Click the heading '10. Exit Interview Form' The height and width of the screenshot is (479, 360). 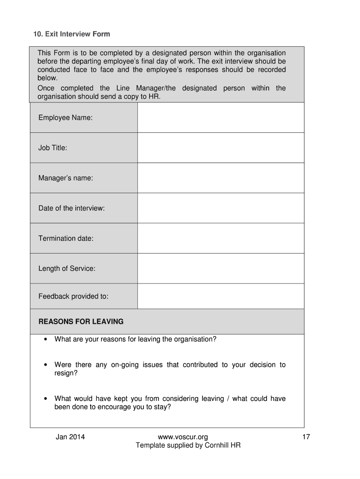tap(72, 34)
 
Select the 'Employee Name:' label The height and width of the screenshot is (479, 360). tap(65, 118)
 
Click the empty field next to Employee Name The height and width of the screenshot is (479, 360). tap(221, 118)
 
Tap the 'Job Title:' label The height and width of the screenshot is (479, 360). tap(53, 148)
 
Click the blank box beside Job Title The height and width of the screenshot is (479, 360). tap(221, 148)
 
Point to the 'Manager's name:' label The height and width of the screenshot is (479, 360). tap(65, 178)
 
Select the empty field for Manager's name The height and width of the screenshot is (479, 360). tap(221, 178)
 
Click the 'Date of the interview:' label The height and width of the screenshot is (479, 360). tap(72, 208)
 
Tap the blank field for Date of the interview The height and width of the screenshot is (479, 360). tap(221, 208)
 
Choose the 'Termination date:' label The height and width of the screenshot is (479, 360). tap(66, 239)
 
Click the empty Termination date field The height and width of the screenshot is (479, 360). tap(221, 239)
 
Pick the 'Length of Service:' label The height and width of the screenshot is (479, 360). tap(67, 269)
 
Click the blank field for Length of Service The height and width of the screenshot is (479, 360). tap(221, 269)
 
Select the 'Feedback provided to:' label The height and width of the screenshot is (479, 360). tap(73, 296)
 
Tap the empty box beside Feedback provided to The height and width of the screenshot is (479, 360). tap(221, 296)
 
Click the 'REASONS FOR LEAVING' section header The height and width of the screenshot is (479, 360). tap(81, 322)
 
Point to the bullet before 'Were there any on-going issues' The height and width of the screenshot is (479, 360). tap(45, 365)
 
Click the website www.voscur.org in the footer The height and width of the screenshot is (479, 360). tap(183, 437)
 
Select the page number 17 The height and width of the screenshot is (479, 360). tap(306, 437)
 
